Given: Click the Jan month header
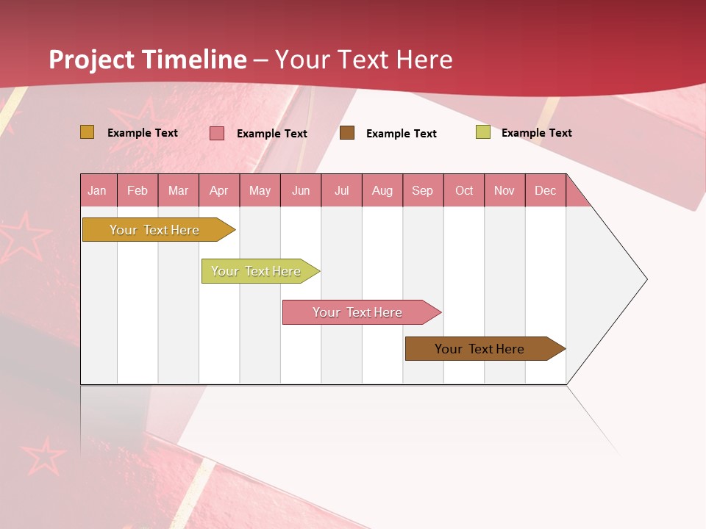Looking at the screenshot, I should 98,190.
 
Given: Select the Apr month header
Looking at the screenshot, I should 219,190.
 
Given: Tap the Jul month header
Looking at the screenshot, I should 342,190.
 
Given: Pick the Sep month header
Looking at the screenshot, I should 423,190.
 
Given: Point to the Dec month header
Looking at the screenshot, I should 546,190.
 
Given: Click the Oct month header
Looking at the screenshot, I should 464,190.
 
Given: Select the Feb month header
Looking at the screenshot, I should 138,190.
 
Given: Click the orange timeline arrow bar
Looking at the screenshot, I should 155,230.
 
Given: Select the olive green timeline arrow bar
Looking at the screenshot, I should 257,271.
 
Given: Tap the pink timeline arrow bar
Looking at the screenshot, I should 358,312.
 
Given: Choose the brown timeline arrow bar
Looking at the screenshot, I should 480,349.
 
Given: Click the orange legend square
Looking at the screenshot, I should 87,132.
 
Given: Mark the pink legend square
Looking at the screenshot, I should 217,133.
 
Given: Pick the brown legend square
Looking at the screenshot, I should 347,133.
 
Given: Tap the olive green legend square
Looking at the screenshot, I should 482,132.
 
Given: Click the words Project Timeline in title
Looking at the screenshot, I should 147,60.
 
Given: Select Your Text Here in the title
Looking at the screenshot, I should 364,60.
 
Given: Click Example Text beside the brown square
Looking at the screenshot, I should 402,134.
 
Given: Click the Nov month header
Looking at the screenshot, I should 504,190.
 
